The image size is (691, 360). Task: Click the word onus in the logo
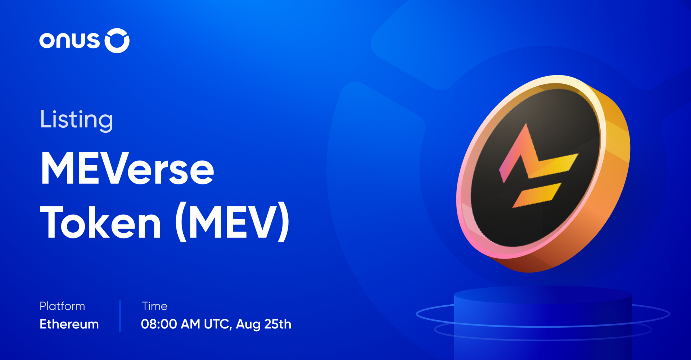(69, 40)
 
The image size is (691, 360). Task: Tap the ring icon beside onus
(117, 41)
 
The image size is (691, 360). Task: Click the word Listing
(76, 120)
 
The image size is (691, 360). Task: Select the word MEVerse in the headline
(127, 169)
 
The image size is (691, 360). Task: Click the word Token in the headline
(100, 223)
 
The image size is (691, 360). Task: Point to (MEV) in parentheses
(232, 223)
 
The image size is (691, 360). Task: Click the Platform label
(62, 306)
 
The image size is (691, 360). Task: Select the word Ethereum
(69, 324)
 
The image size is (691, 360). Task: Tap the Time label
(155, 306)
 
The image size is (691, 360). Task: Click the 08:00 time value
(159, 324)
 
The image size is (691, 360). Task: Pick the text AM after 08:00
(190, 324)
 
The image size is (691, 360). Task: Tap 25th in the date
(277, 324)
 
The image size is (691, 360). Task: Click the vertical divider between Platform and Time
(120, 316)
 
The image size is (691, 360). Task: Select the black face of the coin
(504, 216)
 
